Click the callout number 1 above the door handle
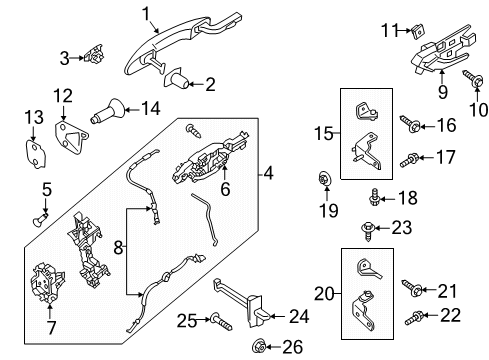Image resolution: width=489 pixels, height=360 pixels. coord(146,13)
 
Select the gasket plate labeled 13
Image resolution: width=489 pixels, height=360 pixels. coord(32,149)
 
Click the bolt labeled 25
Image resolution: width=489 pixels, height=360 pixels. coord(218,320)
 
